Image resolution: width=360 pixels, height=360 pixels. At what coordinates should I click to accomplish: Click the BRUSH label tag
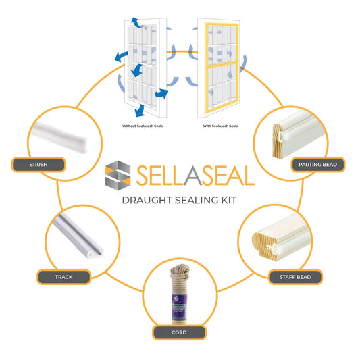click(x=38, y=163)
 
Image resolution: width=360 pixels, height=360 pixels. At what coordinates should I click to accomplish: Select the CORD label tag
click(x=180, y=332)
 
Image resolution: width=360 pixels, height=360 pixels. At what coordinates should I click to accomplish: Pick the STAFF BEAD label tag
click(x=296, y=276)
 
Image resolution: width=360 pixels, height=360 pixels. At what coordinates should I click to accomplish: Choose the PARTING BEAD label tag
click(x=317, y=163)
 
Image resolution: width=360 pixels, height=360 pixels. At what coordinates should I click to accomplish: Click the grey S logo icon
click(x=121, y=175)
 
